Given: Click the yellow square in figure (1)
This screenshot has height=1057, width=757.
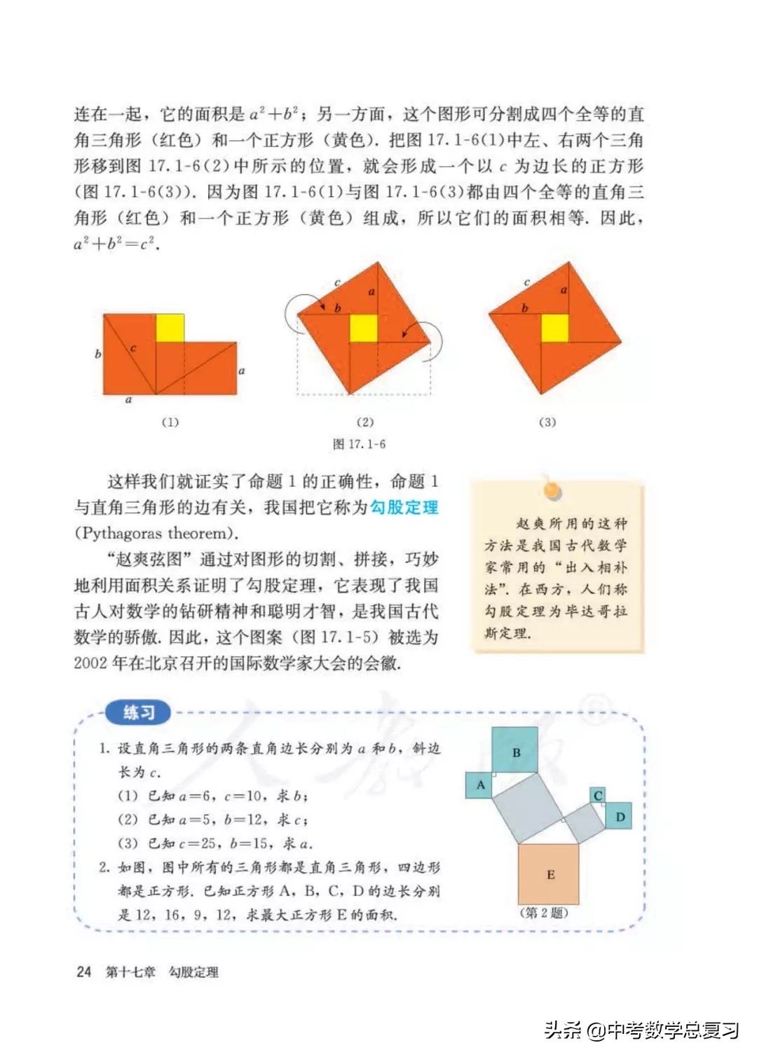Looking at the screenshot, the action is click(170, 328).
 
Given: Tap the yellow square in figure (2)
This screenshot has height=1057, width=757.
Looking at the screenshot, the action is click(363, 329).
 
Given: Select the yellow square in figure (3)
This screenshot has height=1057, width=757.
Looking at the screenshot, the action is click(554, 328).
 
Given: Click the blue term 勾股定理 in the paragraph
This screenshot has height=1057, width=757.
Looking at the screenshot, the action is click(404, 507).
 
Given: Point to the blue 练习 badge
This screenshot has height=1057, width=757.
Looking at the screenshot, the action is click(138, 712).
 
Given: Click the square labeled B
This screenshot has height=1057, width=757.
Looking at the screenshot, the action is click(515, 751).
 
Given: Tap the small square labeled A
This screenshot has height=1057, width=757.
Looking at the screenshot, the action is click(479, 785).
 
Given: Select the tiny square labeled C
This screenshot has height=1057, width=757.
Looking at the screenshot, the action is click(598, 795).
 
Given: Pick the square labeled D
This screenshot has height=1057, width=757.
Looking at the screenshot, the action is click(619, 816).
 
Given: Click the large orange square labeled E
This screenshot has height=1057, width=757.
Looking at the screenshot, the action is click(549, 874).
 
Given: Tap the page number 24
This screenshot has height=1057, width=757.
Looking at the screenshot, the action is click(83, 972).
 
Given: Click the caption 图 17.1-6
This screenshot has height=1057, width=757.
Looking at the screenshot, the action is click(359, 444).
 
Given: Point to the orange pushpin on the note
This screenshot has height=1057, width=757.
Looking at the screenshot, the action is click(552, 490).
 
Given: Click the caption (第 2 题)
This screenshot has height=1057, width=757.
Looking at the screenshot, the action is click(544, 913).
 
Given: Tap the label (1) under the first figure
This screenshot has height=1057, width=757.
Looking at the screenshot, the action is click(170, 422).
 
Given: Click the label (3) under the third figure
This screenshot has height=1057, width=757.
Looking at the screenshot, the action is click(547, 422).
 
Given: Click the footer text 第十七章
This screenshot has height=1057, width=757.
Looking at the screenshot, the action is click(130, 972).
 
